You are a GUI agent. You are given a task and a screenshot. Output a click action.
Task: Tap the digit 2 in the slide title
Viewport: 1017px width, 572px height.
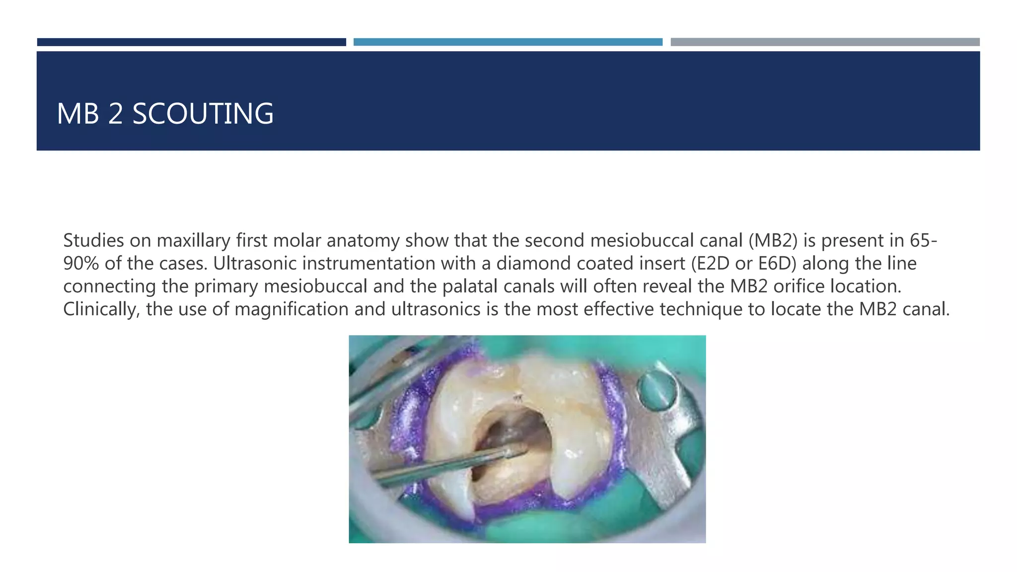pyautogui.click(x=115, y=114)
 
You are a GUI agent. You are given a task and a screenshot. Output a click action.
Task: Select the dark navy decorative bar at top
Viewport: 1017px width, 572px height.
pyautogui.click(x=191, y=42)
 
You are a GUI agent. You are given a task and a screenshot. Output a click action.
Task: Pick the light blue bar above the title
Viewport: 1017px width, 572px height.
pyautogui.click(x=508, y=42)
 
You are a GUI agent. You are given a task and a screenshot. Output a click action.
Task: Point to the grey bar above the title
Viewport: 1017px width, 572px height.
pyautogui.click(x=825, y=42)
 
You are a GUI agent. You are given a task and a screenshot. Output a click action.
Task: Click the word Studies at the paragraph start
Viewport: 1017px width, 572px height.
pyautogui.click(x=93, y=240)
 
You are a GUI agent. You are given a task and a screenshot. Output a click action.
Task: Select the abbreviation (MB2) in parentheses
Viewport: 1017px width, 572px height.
pyautogui.click(x=773, y=240)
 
